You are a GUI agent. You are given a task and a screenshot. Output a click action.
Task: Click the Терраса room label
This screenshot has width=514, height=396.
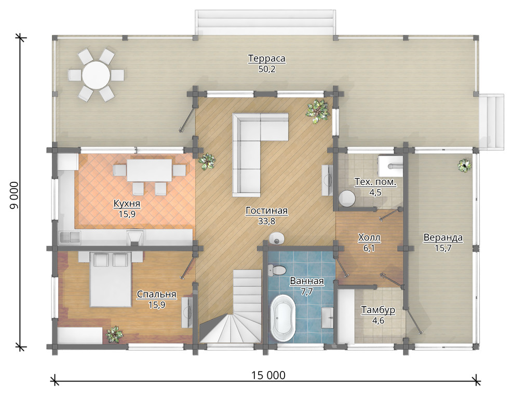(266, 58)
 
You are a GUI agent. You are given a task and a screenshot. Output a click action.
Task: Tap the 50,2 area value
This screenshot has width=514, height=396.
(266, 69)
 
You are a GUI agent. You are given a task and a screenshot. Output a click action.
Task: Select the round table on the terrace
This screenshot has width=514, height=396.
(96, 75)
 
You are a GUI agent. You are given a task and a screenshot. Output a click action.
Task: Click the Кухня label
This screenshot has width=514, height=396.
(127, 203)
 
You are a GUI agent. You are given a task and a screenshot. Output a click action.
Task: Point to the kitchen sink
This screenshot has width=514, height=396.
(70, 237)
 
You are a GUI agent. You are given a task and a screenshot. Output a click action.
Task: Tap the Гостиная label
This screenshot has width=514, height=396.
(266, 210)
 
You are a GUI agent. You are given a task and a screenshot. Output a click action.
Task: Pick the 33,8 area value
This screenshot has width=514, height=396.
(266, 221)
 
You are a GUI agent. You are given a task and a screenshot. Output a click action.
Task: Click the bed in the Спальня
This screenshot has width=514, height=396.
(111, 279)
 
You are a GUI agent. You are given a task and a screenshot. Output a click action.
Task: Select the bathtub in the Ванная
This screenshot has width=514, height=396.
(283, 318)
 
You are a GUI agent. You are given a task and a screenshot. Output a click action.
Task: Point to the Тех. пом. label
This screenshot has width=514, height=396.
(375, 182)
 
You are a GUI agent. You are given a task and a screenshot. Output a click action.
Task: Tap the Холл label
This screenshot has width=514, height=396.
(369, 237)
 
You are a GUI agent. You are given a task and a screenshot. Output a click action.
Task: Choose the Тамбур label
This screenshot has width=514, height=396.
(378, 310)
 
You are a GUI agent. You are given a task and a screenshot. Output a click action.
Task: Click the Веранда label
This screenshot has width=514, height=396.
(443, 237)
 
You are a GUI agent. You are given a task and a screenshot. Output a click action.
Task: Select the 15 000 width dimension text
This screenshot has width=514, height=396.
(268, 375)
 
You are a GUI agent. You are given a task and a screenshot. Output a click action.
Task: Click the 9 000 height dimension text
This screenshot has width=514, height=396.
(15, 195)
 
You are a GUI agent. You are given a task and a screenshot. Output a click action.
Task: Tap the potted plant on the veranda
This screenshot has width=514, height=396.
(464, 165)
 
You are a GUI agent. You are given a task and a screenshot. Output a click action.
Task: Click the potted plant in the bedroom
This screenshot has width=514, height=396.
(114, 335)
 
